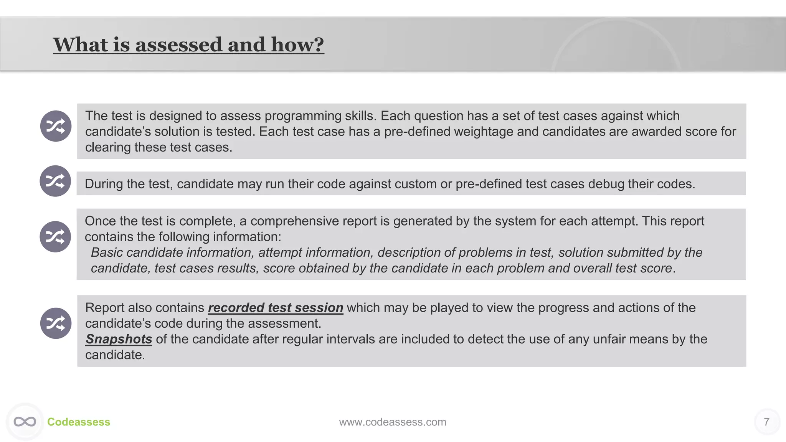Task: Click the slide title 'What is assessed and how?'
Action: [188, 45]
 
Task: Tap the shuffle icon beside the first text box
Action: [56, 126]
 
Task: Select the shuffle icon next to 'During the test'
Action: [55, 181]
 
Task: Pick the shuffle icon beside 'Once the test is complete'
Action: [55, 237]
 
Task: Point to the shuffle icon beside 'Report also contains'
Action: [56, 323]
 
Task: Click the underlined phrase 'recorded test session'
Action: [276, 308]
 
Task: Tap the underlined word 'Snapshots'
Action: [119, 339]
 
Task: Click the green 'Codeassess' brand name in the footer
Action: [79, 422]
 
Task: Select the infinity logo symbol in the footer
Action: [25, 422]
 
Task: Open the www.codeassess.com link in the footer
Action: [393, 422]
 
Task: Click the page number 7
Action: [766, 422]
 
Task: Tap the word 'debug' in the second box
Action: [606, 184]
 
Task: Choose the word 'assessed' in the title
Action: [178, 45]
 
